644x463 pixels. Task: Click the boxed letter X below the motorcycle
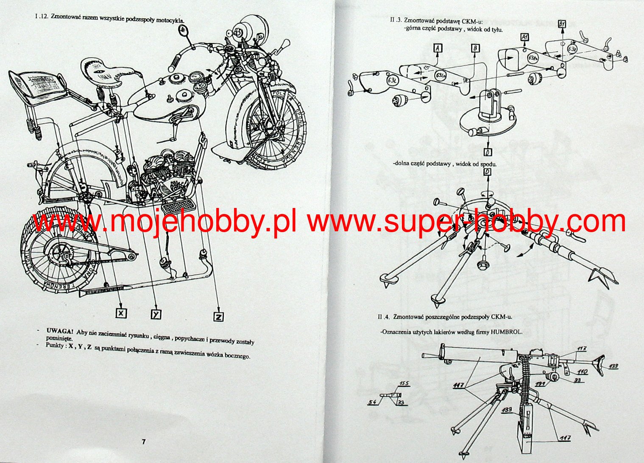coord(122,313)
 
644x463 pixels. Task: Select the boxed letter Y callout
coord(156,314)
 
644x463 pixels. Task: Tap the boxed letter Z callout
coord(218,316)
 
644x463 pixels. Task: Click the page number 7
coord(143,442)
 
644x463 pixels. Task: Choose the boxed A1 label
coord(524,37)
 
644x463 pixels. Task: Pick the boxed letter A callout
coord(438,48)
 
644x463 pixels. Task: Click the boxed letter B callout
coord(476,48)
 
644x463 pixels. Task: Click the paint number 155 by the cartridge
coord(404,384)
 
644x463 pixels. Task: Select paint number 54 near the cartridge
coord(372,402)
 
